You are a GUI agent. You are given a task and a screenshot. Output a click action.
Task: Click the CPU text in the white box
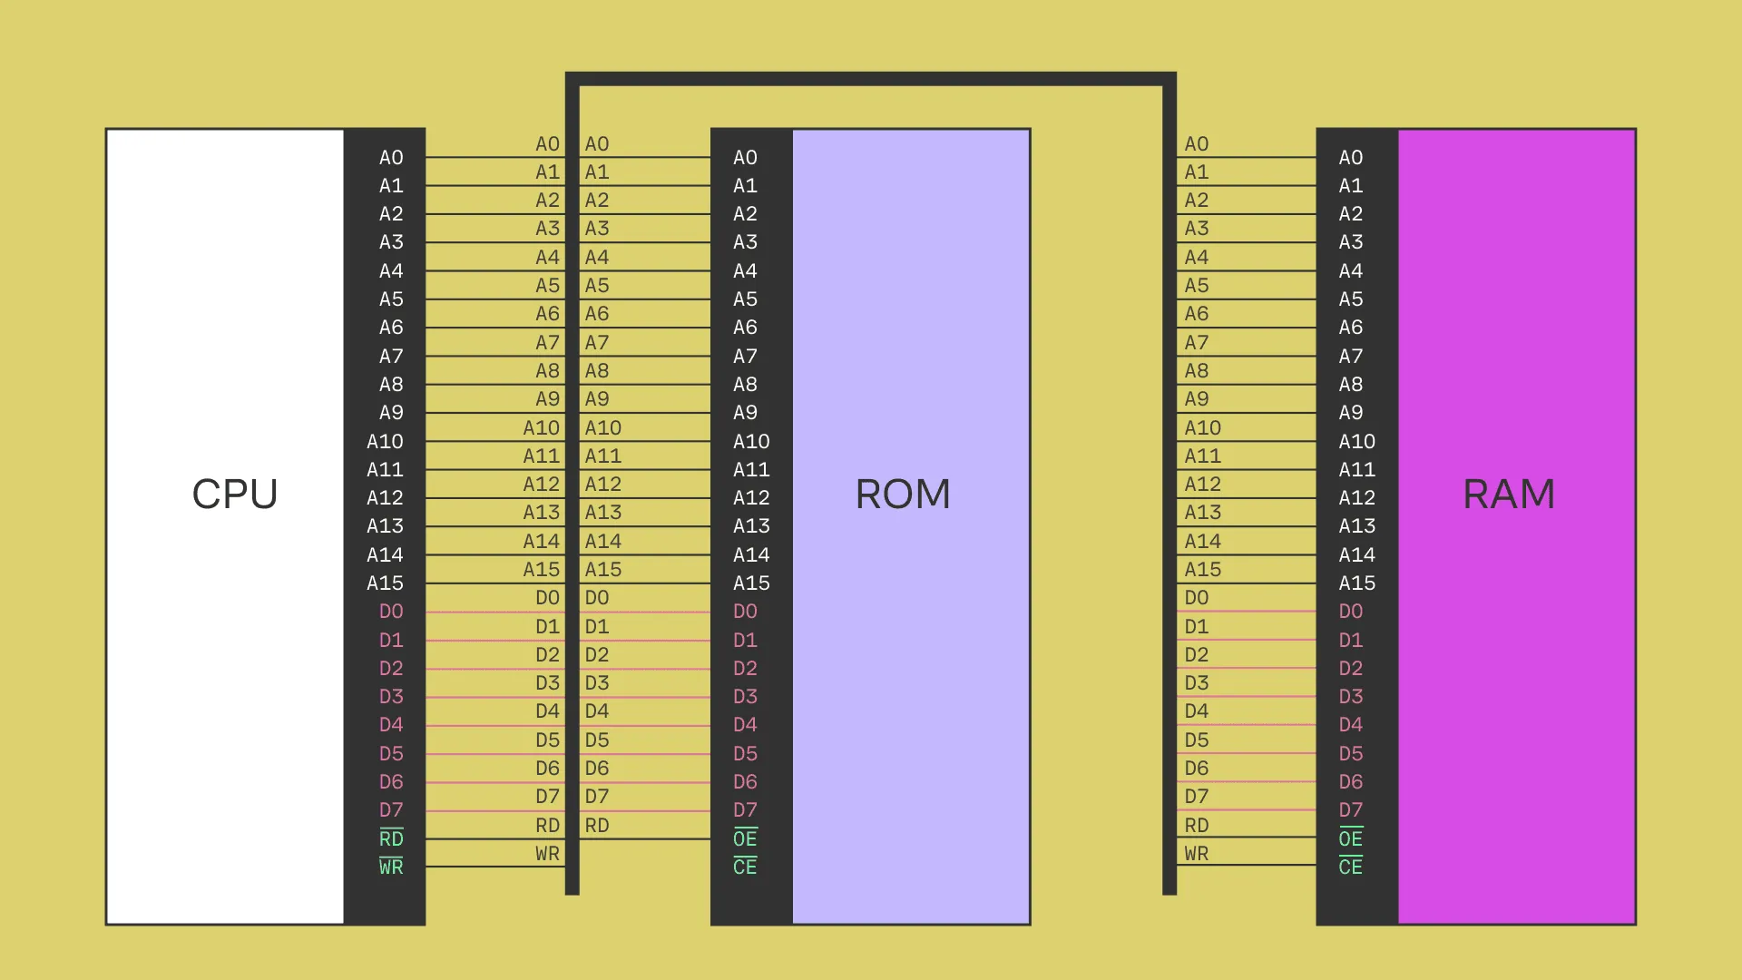[x=235, y=495]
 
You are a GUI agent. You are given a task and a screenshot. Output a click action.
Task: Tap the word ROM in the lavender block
[x=903, y=495]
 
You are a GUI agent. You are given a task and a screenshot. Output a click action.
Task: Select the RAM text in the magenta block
[x=1509, y=495]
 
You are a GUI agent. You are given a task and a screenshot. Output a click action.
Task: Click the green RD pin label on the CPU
[x=391, y=838]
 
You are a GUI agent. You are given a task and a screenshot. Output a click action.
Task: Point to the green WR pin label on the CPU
[x=391, y=867]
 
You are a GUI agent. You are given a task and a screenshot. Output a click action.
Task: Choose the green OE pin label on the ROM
[x=745, y=838]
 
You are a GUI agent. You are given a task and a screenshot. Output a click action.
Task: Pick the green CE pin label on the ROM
[x=745, y=867]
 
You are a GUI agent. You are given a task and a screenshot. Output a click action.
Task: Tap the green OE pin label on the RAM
[x=1350, y=838]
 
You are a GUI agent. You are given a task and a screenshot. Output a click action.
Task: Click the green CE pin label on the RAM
[x=1350, y=867]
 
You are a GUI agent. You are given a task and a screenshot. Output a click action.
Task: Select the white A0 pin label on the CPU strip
[x=391, y=158]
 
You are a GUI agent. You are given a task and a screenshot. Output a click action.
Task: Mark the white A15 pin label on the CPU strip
[x=385, y=583]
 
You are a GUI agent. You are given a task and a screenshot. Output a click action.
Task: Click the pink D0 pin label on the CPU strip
[x=391, y=612]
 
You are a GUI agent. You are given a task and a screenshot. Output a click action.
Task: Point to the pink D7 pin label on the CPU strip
[x=391, y=809]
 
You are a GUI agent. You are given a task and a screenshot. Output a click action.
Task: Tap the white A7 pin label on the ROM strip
[x=745, y=356]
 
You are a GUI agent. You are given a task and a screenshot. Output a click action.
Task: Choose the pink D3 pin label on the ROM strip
[x=745, y=696]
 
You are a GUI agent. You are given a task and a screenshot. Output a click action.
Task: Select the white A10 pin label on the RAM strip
[x=1356, y=441]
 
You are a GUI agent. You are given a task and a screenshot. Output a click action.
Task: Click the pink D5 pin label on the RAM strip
[x=1350, y=753]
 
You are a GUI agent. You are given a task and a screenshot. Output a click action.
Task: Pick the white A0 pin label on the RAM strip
[x=1350, y=158]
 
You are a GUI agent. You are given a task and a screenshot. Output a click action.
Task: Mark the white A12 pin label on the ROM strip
[x=751, y=497]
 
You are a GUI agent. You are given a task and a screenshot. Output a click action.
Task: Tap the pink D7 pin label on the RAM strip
[x=1350, y=809]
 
